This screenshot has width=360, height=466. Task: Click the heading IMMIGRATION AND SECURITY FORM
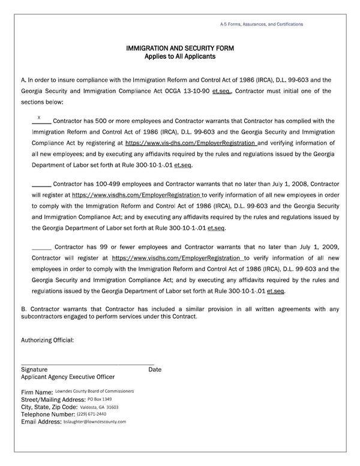(x=179, y=47)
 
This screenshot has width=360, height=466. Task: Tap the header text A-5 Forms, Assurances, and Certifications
(x=262, y=24)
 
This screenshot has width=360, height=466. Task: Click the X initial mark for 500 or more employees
(x=39, y=118)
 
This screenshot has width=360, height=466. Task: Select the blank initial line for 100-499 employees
(x=41, y=184)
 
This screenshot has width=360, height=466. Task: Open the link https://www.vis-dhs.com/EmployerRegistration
(x=191, y=143)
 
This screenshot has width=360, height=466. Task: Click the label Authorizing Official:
(x=47, y=340)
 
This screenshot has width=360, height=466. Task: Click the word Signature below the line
(x=34, y=369)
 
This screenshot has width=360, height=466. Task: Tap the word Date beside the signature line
(x=155, y=369)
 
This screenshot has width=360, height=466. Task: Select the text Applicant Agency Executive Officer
(x=68, y=377)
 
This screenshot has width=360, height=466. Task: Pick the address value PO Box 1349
(x=100, y=399)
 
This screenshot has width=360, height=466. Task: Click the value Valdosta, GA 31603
(x=99, y=407)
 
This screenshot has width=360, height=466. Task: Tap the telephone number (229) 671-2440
(x=92, y=414)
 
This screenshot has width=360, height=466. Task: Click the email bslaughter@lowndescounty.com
(x=95, y=422)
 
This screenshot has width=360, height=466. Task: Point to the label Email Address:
(x=41, y=422)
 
